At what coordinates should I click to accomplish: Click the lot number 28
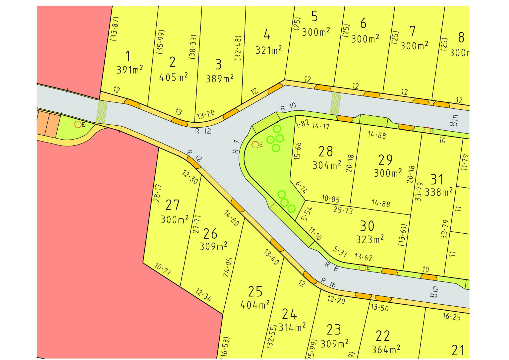325,151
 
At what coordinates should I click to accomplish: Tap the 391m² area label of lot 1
130,70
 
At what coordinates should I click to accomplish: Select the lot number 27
172,205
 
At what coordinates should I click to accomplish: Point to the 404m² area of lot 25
255,304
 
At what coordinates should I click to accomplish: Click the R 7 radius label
236,147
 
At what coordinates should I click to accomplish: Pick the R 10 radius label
288,107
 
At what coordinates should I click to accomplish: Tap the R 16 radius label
328,282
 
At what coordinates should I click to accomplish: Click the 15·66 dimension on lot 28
298,151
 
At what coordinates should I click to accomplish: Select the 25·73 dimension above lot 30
343,210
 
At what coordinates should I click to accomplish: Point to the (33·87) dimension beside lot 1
114,29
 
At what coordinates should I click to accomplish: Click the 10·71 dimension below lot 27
163,269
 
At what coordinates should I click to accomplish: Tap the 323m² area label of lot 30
370,239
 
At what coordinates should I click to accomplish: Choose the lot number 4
267,34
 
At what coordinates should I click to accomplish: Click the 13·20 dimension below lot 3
205,115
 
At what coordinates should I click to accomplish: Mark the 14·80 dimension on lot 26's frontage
231,218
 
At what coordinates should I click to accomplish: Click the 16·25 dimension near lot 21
452,317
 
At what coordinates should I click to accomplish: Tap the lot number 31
437,179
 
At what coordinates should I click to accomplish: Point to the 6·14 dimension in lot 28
301,187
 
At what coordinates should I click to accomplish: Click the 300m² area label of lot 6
365,39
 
